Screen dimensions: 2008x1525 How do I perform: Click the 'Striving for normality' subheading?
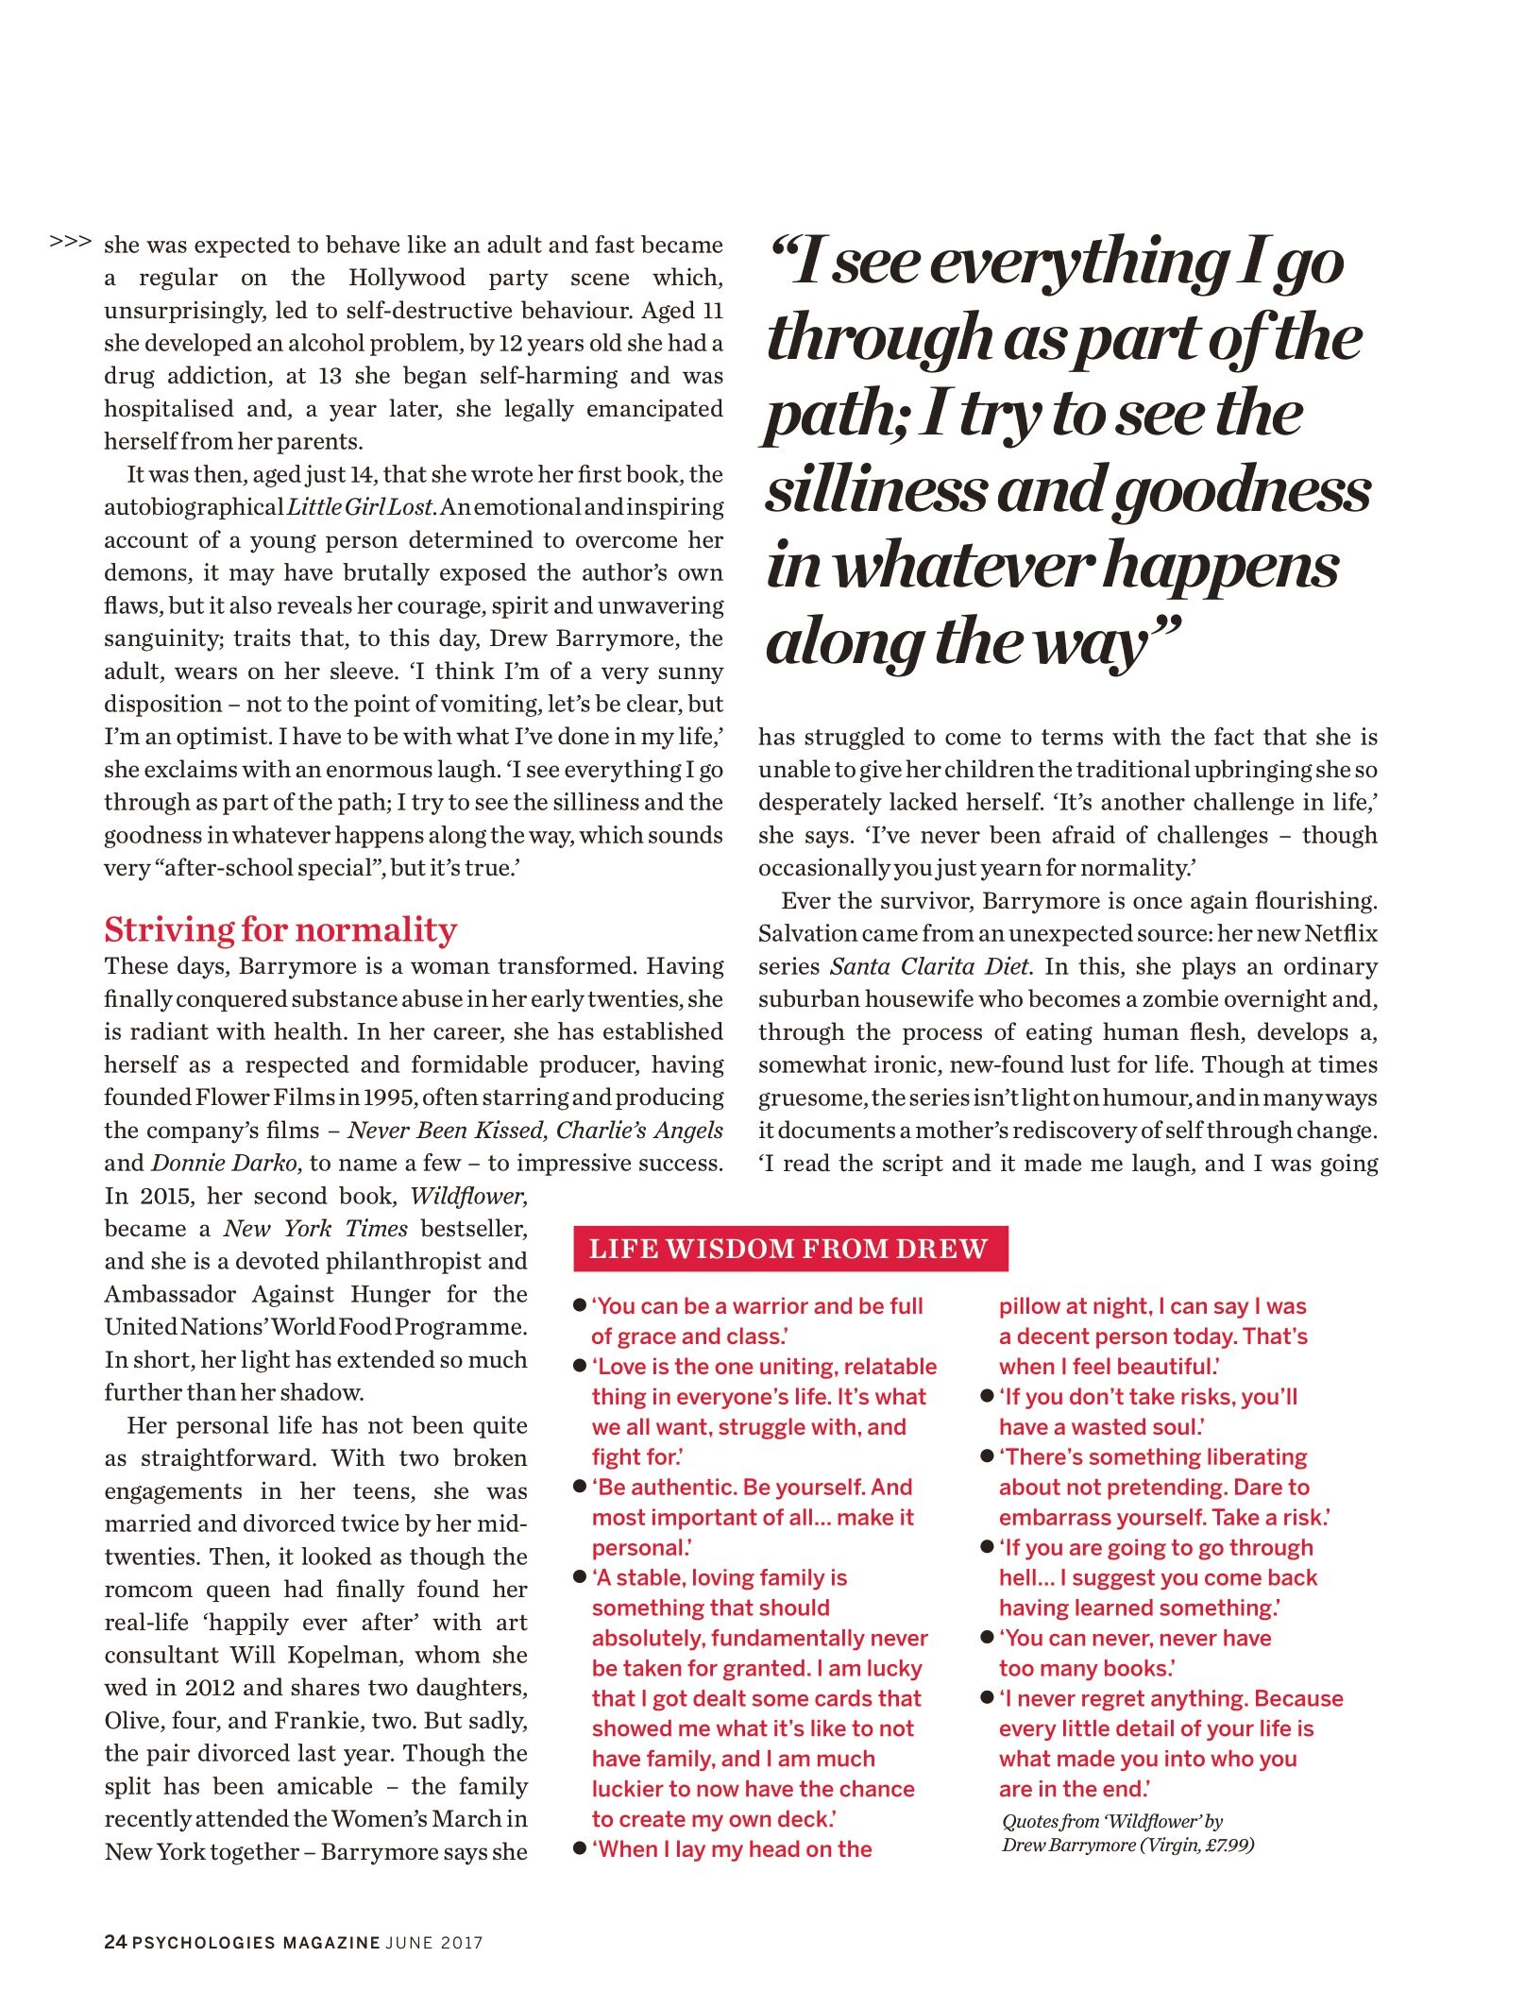pyautogui.click(x=280, y=930)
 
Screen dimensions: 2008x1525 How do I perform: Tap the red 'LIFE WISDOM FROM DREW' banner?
pyautogui.click(x=789, y=1249)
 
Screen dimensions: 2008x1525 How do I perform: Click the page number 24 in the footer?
pyautogui.click(x=114, y=1942)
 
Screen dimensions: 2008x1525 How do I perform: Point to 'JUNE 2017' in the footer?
pyautogui.click(x=434, y=1943)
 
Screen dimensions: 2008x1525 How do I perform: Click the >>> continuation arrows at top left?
pyautogui.click(x=71, y=242)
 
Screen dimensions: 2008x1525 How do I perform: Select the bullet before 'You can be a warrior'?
pyautogui.click(x=581, y=1306)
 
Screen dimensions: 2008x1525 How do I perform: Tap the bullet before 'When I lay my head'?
pyautogui.click(x=581, y=1848)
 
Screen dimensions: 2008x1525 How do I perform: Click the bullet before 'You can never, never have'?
pyautogui.click(x=988, y=1637)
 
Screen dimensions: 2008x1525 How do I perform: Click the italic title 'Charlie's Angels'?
pyautogui.click(x=639, y=1131)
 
